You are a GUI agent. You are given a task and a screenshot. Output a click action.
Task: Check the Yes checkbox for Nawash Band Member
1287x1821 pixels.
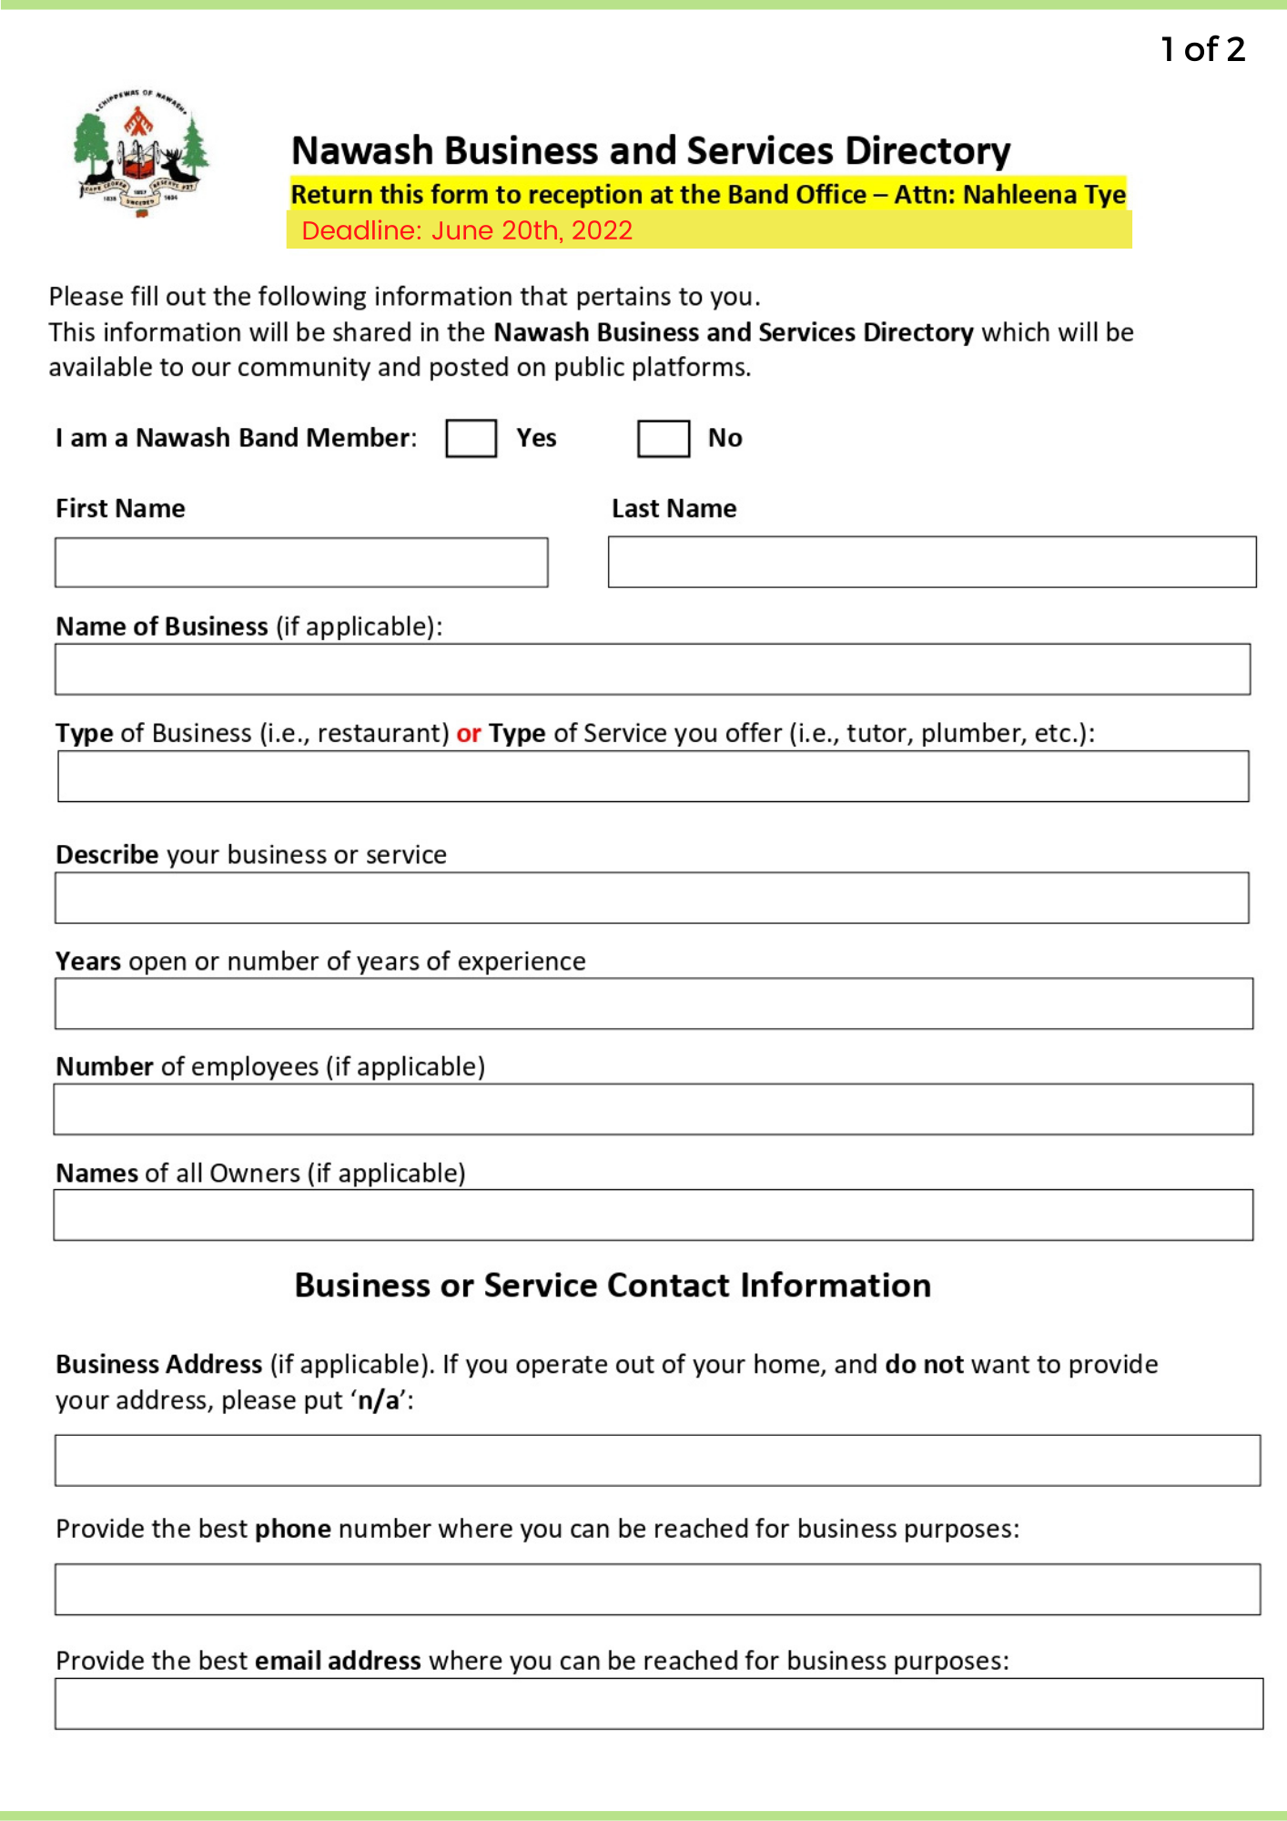click(471, 438)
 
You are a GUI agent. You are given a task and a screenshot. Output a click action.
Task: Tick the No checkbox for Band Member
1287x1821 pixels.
click(663, 438)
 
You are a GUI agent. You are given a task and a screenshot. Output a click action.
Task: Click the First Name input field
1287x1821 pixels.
click(301, 562)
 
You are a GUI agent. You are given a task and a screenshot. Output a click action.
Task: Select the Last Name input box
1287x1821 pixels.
click(931, 562)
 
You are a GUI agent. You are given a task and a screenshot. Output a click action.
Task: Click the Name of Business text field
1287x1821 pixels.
click(652, 669)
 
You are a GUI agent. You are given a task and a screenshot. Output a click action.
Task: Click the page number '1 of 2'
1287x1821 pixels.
click(1202, 49)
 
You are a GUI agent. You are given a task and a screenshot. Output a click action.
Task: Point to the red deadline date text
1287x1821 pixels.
click(467, 230)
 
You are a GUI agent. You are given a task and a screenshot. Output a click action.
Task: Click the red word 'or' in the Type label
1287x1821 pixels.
click(469, 733)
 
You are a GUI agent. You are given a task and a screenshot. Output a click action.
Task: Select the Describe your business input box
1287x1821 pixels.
click(652, 898)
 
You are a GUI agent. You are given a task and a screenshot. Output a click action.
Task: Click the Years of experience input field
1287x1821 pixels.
click(653, 1003)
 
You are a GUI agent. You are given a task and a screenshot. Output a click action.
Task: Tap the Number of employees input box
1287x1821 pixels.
click(653, 1109)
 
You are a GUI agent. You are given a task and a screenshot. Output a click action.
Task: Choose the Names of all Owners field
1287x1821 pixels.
click(653, 1215)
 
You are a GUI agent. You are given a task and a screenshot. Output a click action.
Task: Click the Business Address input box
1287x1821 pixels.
click(657, 1460)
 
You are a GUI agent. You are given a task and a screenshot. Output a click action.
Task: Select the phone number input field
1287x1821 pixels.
click(657, 1590)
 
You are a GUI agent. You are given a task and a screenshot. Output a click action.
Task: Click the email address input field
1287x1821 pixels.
click(658, 1704)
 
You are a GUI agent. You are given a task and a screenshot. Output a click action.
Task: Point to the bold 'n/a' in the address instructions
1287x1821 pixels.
click(379, 1400)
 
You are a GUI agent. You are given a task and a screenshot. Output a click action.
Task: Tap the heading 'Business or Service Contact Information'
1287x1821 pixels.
click(613, 1285)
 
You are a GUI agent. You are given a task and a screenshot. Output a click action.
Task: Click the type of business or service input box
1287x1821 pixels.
click(653, 776)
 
